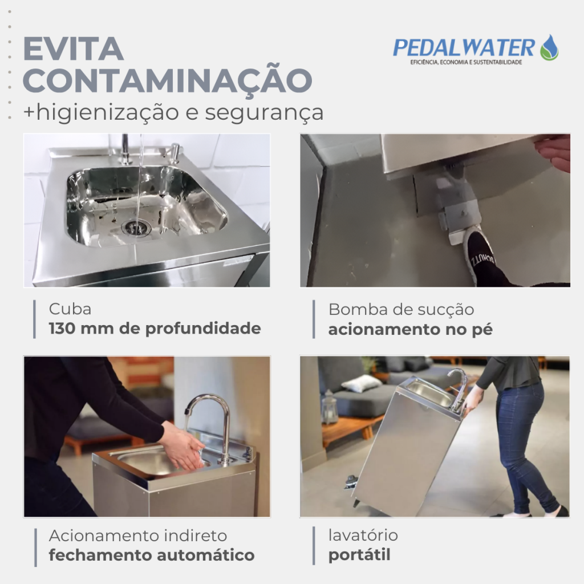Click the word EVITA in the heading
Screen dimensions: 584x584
(74, 48)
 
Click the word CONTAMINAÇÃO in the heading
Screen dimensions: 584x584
(168, 81)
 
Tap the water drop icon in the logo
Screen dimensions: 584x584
(549, 47)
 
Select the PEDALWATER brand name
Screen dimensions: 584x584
(464, 48)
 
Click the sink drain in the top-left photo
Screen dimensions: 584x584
(136, 227)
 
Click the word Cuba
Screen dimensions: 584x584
(70, 309)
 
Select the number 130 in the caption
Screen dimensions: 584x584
(62, 328)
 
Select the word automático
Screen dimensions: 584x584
(205, 555)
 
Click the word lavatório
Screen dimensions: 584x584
(363, 535)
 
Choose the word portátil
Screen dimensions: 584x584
(359, 555)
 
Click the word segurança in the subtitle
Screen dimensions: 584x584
(264, 113)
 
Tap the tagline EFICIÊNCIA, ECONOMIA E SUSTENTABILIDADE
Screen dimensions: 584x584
(466, 62)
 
